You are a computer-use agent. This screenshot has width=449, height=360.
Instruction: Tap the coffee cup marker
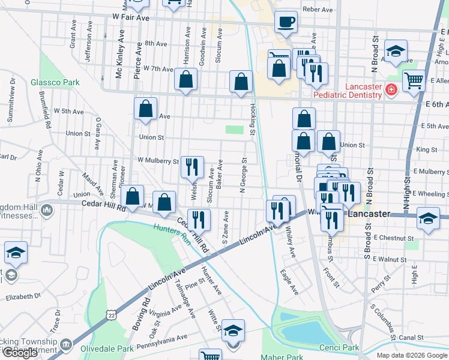[x=286, y=22]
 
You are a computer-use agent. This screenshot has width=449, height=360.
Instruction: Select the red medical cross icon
[x=391, y=90]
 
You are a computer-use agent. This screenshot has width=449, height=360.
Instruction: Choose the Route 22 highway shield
[x=110, y=313]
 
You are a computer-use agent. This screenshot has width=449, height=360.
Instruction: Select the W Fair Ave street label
[x=130, y=19]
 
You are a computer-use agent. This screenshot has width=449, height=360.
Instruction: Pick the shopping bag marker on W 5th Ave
[x=145, y=110]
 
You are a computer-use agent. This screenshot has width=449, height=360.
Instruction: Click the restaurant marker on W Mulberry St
[x=192, y=167]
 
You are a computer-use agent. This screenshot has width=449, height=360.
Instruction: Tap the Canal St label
[x=411, y=338]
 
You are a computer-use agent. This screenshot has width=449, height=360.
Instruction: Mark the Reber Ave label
[x=318, y=10]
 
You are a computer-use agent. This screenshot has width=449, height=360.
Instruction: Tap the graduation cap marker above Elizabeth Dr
[x=16, y=253]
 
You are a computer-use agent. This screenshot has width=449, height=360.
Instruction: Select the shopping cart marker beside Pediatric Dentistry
[x=414, y=80]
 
